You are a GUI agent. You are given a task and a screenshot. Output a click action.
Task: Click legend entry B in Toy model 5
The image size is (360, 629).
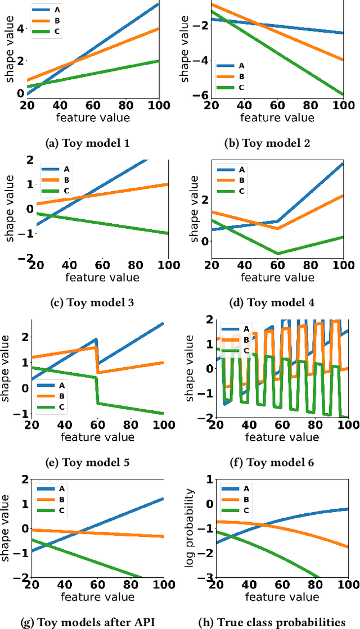click(x=55, y=397)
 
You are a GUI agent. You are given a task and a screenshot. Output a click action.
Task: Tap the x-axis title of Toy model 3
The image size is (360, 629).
click(x=102, y=277)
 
